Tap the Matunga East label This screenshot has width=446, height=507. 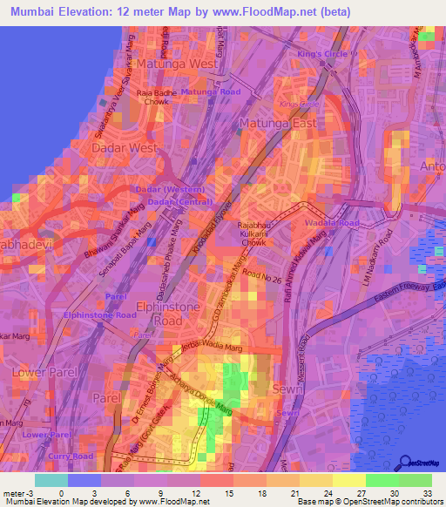point(278,124)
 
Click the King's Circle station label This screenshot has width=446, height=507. point(321,54)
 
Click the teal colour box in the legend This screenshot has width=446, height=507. point(51,480)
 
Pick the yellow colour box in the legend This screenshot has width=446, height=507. point(349,480)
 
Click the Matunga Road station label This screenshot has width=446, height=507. point(211,91)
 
